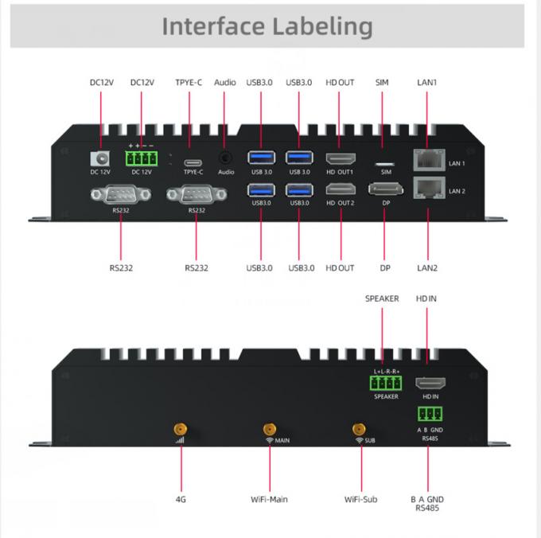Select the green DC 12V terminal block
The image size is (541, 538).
click(x=142, y=158)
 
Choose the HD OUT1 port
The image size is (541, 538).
click(x=341, y=158)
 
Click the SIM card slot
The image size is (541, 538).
click(x=386, y=159)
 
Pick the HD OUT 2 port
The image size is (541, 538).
click(x=341, y=189)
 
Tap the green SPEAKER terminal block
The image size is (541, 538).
click(x=386, y=383)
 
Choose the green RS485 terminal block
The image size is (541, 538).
click(x=430, y=414)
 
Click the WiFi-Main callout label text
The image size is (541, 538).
click(x=269, y=499)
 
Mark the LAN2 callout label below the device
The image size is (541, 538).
click(x=427, y=267)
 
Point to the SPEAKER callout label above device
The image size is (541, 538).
click(x=382, y=298)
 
